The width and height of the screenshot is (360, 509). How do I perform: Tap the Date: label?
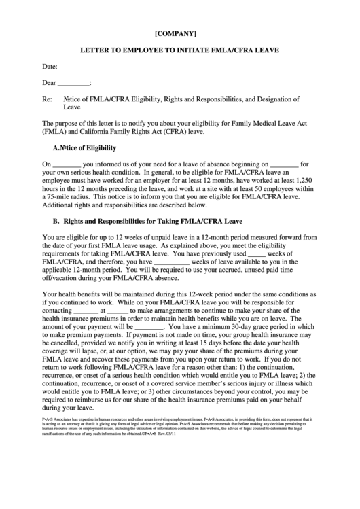[50, 67]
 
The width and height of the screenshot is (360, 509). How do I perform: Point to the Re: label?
[48, 99]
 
